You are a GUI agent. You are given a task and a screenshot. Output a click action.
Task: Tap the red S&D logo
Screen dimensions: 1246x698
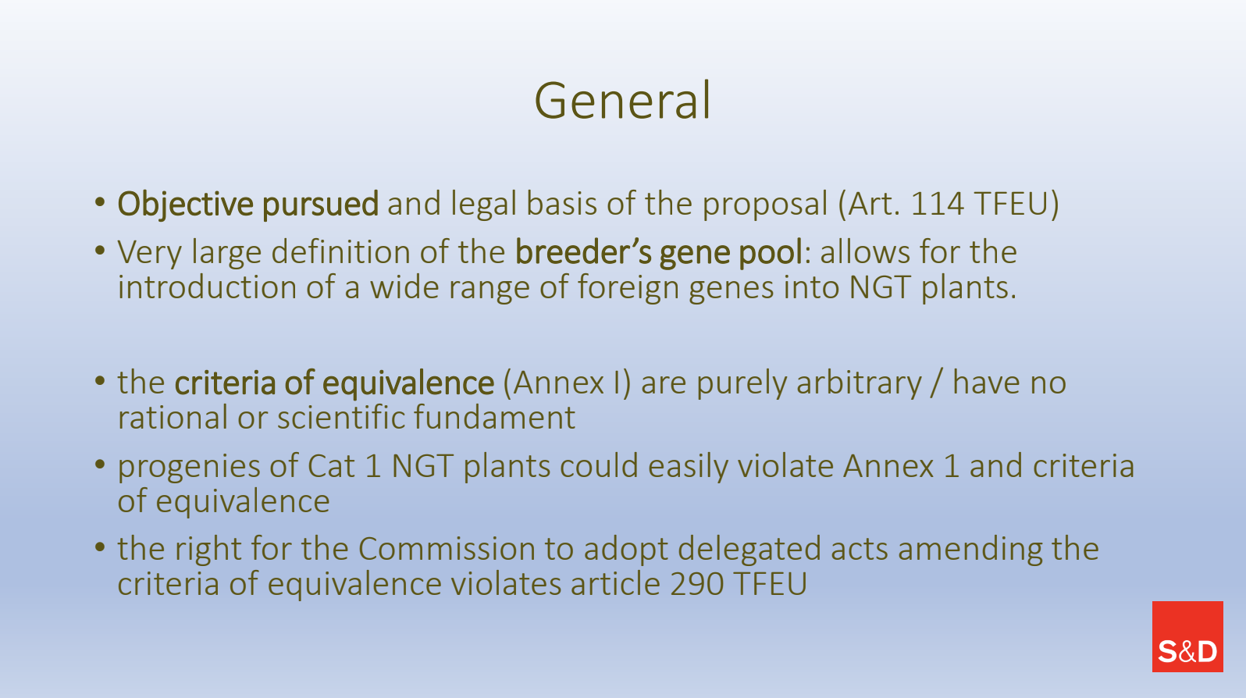tap(1187, 636)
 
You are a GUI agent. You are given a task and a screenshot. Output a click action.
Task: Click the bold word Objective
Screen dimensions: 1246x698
tap(185, 204)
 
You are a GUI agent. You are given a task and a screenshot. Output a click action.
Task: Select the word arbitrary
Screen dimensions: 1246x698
tap(859, 384)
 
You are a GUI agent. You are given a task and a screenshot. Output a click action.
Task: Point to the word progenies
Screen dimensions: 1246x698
tap(189, 467)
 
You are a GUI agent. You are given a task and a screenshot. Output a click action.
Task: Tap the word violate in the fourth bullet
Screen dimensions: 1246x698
tap(785, 466)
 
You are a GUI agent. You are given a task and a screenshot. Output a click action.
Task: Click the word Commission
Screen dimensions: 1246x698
tap(446, 550)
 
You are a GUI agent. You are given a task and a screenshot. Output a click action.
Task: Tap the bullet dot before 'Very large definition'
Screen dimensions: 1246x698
tap(100, 251)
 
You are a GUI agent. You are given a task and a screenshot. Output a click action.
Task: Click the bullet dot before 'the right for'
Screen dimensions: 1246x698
tap(100, 547)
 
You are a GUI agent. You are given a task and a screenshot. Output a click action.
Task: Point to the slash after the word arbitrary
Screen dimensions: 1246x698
tap(938, 383)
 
